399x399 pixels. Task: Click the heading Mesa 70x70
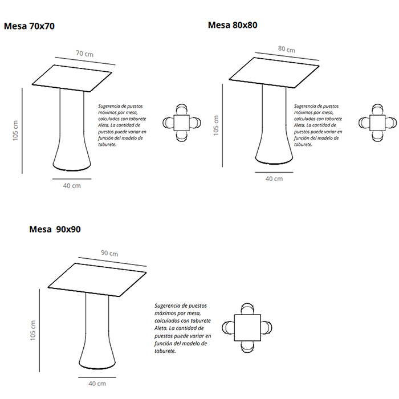point(29,26)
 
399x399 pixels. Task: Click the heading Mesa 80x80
point(233,25)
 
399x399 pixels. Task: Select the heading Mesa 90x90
point(55,229)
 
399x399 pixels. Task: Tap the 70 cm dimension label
point(85,54)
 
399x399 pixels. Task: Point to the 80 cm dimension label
point(287,49)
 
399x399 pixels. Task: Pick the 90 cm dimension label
point(109,253)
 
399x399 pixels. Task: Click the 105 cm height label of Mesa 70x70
point(15,131)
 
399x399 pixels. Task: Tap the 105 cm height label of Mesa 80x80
point(216,125)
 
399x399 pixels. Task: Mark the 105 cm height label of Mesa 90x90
point(33,330)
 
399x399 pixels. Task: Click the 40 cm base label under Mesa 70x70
point(72,186)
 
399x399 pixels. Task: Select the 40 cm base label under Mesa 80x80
point(274,179)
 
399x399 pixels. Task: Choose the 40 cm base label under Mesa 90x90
point(97,384)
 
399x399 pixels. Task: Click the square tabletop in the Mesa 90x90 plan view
point(247,328)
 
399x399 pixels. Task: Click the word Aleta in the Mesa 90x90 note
point(159,328)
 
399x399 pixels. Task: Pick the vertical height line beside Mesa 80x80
point(222,125)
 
